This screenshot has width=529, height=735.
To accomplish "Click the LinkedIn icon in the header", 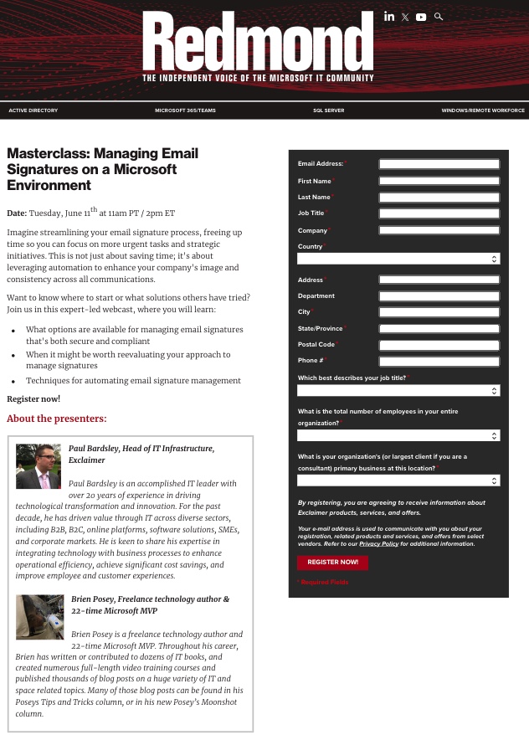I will click(389, 17).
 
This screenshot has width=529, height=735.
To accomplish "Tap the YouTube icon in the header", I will click(421, 17).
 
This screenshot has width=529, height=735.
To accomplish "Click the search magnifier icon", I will click(439, 17).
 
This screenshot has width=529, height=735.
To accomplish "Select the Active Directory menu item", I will click(33, 111).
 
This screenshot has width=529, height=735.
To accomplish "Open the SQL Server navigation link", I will click(328, 111).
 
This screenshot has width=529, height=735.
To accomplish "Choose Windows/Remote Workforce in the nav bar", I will click(483, 111).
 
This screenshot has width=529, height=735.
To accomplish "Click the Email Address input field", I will click(439, 164).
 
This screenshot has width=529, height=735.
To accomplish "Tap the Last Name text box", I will click(439, 198).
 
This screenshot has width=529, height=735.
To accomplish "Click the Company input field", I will click(439, 230).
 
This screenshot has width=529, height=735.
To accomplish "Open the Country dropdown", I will click(398, 259).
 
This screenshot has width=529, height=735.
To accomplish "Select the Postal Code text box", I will click(439, 345).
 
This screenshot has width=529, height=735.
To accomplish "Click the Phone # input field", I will click(439, 362).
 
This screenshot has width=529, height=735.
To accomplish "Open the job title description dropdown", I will click(398, 390).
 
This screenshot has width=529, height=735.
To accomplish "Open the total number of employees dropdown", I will click(398, 435).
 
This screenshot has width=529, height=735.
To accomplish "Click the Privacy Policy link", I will click(379, 544).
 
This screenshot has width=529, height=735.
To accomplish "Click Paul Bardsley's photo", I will click(39, 467).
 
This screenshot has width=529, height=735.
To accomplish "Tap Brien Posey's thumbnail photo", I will click(39, 616).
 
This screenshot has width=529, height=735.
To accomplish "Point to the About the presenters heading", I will click(57, 419).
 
